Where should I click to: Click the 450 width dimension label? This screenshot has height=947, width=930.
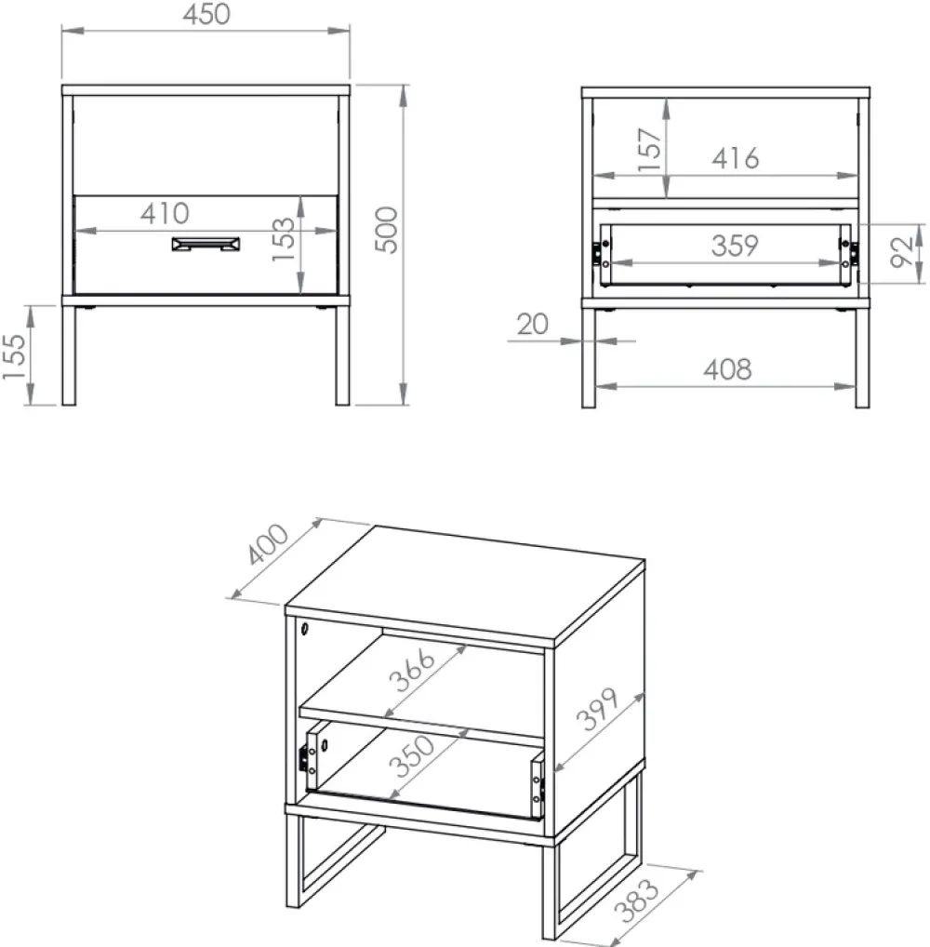coord(206,15)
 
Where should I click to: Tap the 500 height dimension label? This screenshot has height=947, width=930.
coord(387,230)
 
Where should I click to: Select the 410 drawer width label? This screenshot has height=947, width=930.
coord(165,213)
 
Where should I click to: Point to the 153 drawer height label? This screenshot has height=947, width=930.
coord(283,239)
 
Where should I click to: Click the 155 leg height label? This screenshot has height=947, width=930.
coord(15,357)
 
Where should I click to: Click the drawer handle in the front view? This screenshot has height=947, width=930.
coord(206,244)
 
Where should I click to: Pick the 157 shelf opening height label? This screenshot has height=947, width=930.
coord(650,150)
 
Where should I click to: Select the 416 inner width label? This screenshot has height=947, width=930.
coord(735,158)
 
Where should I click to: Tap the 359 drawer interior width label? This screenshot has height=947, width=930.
coord(735,246)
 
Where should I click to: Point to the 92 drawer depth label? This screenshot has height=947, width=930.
coord(901,252)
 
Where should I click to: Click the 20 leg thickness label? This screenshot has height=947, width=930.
coord(533,325)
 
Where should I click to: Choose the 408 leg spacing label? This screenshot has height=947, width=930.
coord(727,369)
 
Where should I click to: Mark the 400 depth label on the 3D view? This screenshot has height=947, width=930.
coord(268,544)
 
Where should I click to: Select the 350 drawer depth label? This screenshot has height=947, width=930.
coord(412,756)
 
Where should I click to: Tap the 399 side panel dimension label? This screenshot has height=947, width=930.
coord(597,709)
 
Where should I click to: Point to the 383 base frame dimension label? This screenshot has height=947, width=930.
coord(637,900)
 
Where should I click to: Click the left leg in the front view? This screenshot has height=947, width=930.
coord(69,355)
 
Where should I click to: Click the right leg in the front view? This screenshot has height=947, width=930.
coord(342,355)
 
